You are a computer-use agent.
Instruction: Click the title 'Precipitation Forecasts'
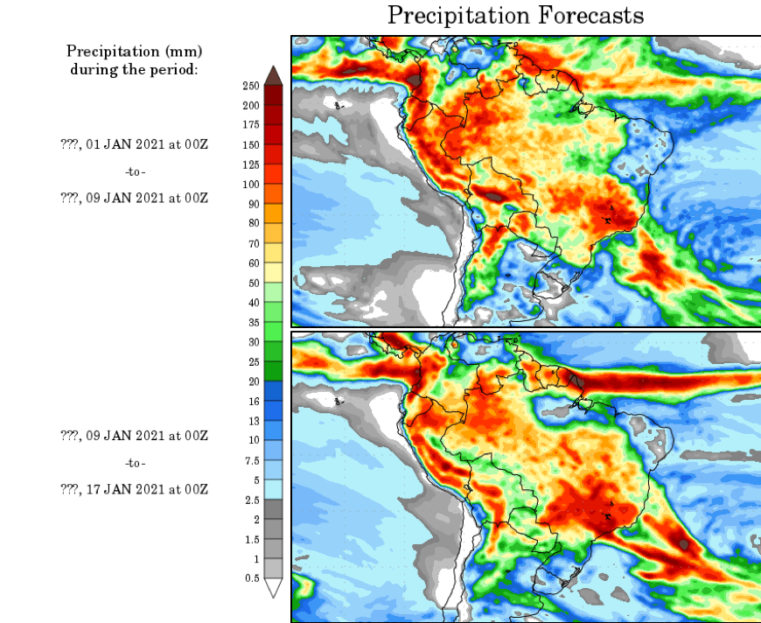515,15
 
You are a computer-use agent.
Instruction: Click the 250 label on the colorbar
250,86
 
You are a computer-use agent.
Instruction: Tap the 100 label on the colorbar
250,185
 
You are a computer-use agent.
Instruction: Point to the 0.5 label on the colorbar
252,578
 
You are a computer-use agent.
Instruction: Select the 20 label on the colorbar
253,381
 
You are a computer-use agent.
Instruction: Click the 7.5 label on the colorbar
252,460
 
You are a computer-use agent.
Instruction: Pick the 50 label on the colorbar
253,283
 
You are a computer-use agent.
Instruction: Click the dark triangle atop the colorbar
273,73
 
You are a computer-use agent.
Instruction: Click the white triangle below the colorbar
273,588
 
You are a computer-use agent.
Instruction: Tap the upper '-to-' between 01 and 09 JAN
135,171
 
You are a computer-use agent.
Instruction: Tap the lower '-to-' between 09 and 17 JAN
135,462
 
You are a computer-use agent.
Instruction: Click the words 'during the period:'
135,69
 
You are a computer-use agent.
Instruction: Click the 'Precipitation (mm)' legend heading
135,52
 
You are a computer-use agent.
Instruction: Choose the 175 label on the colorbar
250,125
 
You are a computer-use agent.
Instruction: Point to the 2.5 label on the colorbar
252,500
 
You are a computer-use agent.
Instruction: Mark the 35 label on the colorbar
253,322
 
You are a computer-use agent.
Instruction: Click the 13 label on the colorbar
253,421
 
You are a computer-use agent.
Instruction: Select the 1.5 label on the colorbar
252,539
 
